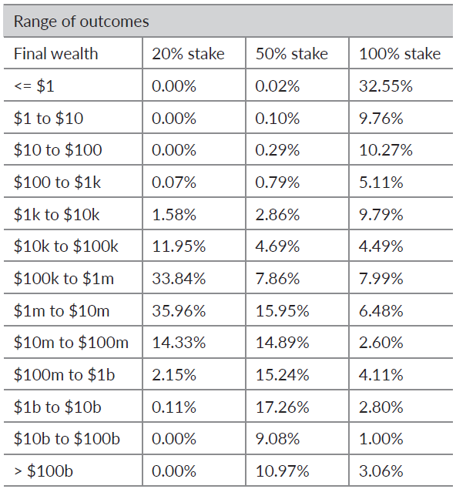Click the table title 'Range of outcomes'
point(82,22)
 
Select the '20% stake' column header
point(188,54)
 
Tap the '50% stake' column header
point(292,54)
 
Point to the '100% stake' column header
point(400,54)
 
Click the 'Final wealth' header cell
point(55,54)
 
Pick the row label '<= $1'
point(35,85)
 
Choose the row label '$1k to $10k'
point(57,215)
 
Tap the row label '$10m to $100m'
point(71,343)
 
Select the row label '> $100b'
point(44,471)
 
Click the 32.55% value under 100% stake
point(386,85)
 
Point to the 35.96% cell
point(179,310)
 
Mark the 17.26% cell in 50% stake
point(282,407)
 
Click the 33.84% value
point(179,279)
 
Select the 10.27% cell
point(386,150)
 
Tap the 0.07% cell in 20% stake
point(174,183)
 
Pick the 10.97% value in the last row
point(282,471)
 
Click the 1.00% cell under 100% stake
point(381,439)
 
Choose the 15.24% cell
point(282,374)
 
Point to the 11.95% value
point(179,246)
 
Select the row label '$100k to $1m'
point(64,279)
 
